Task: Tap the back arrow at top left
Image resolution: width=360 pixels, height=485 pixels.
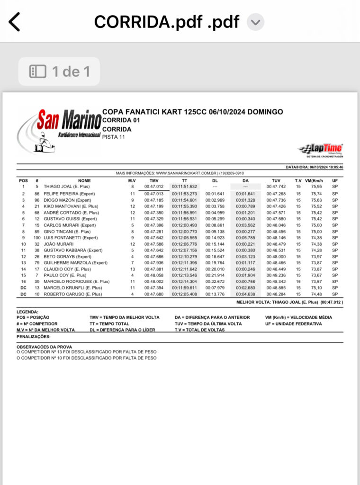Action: point(15,22)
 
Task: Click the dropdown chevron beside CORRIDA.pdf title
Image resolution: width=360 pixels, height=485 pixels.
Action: point(255,22)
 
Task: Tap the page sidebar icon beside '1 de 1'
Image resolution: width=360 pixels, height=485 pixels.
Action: point(38,72)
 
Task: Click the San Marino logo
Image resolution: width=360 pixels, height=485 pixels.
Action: point(59,130)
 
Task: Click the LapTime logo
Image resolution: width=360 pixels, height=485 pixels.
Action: point(321,150)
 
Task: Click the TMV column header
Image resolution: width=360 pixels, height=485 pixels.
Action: point(154,180)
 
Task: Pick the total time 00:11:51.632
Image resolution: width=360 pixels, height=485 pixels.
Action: point(184,187)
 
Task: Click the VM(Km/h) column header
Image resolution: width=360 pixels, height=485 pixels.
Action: point(313,180)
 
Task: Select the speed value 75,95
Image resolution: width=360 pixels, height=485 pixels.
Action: point(316,187)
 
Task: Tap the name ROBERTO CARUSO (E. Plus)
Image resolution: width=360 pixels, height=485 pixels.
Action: point(72,294)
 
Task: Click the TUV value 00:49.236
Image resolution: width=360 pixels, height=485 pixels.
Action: point(276,275)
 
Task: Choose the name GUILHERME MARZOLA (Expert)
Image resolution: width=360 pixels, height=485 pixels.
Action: point(75,262)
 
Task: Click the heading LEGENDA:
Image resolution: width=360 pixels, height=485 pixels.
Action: point(27,312)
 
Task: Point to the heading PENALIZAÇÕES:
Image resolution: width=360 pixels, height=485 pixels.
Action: point(33,336)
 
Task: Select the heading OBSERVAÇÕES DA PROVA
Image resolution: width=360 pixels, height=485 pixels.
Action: point(44,347)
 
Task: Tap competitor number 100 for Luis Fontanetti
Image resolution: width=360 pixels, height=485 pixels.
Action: point(37,237)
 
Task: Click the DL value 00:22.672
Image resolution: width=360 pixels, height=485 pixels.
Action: point(215,281)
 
